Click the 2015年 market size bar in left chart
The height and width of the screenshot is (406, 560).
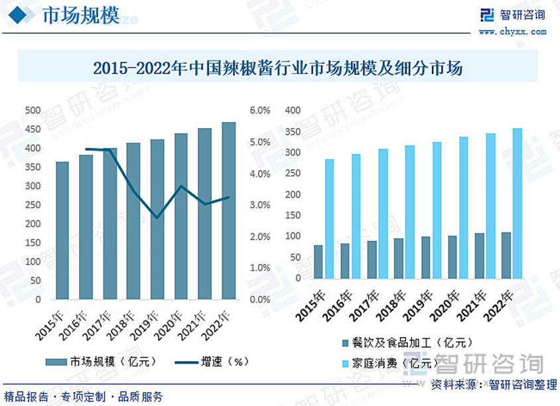62,230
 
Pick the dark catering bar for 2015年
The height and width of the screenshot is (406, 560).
318,262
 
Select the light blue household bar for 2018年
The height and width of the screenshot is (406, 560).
409,212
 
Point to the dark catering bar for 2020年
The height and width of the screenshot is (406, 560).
453,257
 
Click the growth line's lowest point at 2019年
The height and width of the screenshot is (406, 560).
157,218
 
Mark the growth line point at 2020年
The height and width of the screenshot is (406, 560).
181,186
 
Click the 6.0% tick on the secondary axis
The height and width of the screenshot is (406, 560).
259,111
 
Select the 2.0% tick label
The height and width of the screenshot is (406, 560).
259,237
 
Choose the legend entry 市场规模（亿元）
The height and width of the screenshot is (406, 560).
102,362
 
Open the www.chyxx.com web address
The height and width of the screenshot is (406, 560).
512,31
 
